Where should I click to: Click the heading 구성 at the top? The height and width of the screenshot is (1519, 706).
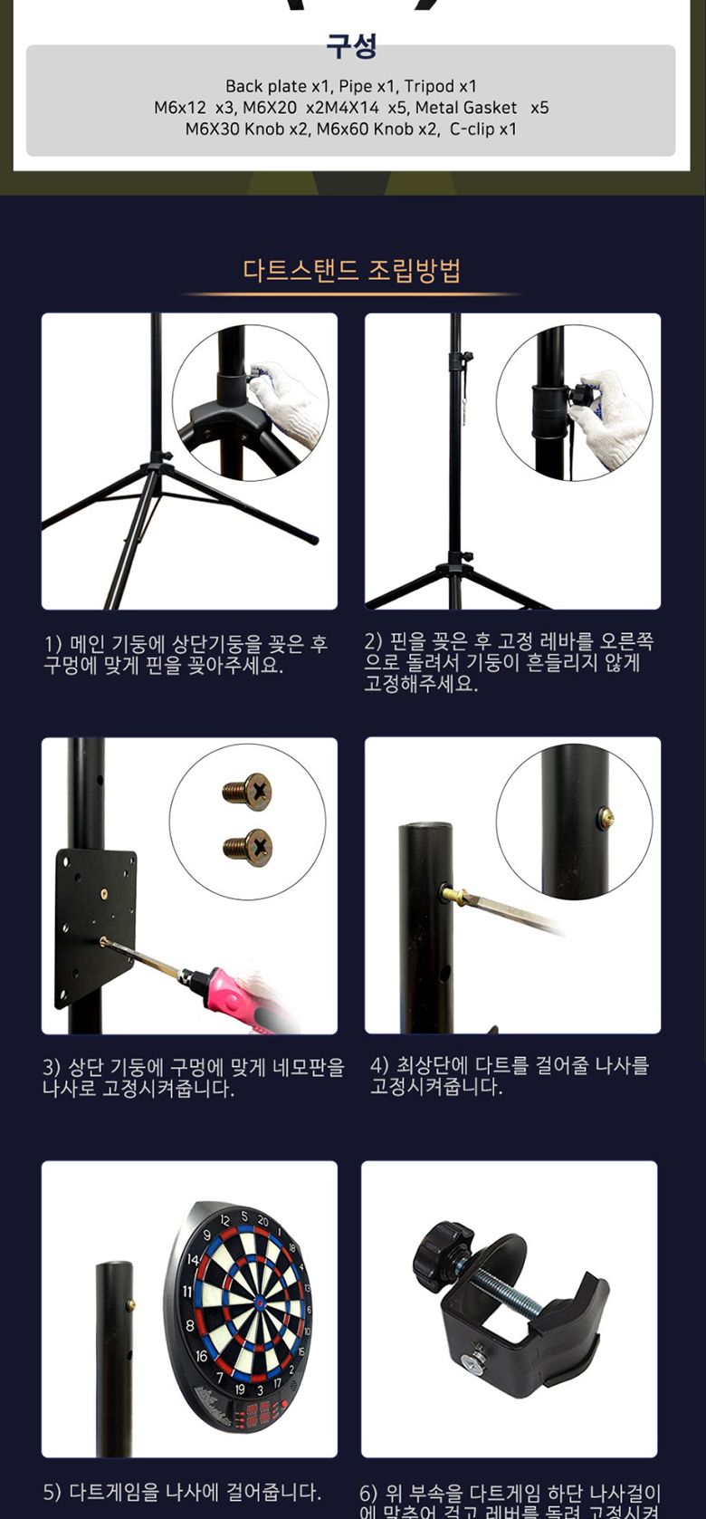(351, 46)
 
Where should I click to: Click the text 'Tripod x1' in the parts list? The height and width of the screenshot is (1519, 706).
(440, 87)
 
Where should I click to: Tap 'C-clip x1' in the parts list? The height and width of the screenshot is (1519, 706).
(483, 130)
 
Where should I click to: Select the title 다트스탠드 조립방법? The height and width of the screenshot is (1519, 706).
(351, 271)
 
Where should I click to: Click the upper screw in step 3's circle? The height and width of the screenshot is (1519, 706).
(248, 791)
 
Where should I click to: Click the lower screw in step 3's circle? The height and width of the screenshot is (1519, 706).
(248, 847)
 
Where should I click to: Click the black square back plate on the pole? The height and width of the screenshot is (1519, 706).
(96, 924)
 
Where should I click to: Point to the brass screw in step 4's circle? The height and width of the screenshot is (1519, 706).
(606, 819)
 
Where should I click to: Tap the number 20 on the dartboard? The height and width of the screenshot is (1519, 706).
(262, 1222)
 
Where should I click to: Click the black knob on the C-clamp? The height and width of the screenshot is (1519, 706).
(443, 1252)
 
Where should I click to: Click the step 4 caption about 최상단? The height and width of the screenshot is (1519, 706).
(510, 1076)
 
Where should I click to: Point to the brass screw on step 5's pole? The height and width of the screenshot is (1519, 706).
(130, 1305)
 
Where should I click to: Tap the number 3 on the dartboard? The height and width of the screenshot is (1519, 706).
(260, 1389)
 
